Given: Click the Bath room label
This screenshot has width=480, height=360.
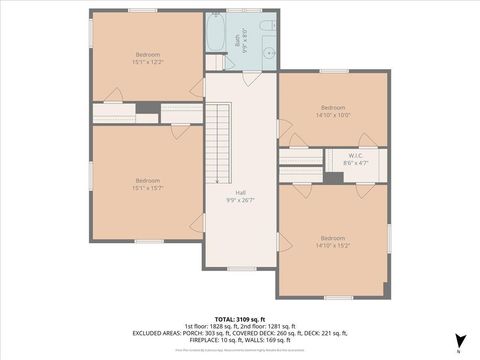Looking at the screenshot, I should (238, 40).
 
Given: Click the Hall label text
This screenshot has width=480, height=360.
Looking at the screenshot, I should (240, 192).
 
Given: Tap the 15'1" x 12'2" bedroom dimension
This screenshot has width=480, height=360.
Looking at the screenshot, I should (148, 62).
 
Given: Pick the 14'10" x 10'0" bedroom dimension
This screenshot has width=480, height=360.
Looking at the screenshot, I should (333, 115).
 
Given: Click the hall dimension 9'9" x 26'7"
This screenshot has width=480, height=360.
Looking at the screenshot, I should (240, 200).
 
